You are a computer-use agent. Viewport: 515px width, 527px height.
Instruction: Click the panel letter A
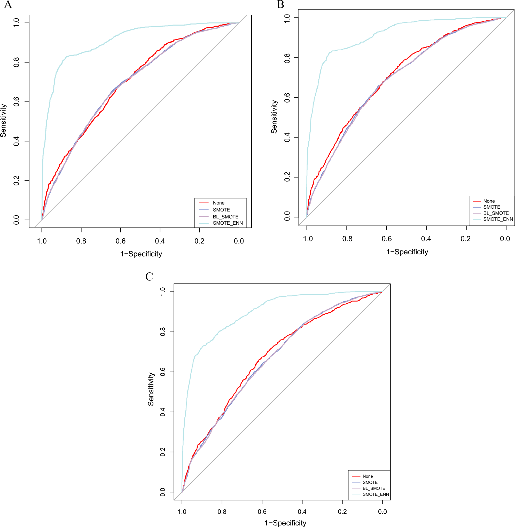coord(8,5)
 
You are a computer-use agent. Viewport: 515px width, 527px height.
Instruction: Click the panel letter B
coord(280,5)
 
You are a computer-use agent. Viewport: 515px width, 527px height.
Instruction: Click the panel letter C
coord(149,277)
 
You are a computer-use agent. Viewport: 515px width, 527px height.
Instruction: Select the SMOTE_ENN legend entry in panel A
coord(228,223)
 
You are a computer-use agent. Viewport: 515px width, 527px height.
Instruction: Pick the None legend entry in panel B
coord(489,201)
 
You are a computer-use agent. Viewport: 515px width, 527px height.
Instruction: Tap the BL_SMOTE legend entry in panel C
coord(374,488)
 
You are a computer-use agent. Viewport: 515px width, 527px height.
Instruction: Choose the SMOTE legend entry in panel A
coord(221,210)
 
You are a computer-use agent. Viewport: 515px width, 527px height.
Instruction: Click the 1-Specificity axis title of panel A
coord(141,254)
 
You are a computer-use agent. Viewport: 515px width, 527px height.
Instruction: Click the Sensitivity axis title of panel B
coord(274,117)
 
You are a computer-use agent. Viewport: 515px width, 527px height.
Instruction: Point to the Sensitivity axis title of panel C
coord(151,389)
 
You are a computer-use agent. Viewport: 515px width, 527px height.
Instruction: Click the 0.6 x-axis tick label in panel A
coord(120,241)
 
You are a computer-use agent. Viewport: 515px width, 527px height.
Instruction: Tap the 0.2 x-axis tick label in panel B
coord(465,239)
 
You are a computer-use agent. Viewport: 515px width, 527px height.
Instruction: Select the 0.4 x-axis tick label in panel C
coord(302,512)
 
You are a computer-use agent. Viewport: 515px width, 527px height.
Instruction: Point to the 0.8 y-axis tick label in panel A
coord(17,62)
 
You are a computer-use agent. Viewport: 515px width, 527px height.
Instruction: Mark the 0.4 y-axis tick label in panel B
coord(287,137)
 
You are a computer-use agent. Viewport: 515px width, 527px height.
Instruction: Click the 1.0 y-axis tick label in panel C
coord(162,292)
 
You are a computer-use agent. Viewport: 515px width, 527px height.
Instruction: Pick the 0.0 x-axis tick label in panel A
coord(239,241)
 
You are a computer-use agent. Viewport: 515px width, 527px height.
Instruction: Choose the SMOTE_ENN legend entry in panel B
coord(498,219)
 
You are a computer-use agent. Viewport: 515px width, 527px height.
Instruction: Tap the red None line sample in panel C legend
coord(356,476)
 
